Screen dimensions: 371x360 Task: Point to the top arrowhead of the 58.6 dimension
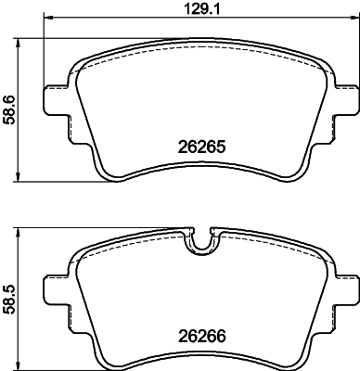(21, 42)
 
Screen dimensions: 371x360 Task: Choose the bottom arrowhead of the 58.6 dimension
(21, 180)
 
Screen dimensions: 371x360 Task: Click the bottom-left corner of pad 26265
(104, 173)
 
